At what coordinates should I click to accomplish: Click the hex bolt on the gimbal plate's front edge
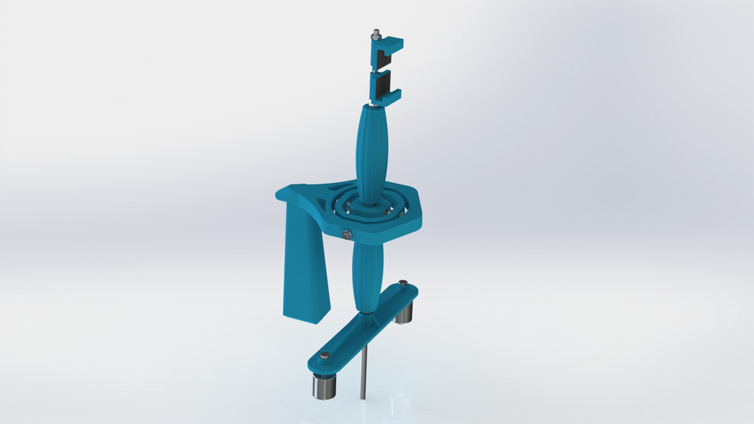(x=346, y=233)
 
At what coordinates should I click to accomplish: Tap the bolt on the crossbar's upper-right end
(x=403, y=283)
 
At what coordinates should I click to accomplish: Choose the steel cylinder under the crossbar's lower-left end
(x=323, y=386)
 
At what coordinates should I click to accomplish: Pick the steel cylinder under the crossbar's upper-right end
(x=404, y=312)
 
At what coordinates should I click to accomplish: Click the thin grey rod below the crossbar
(x=363, y=369)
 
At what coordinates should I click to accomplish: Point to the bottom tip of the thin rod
(x=363, y=397)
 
